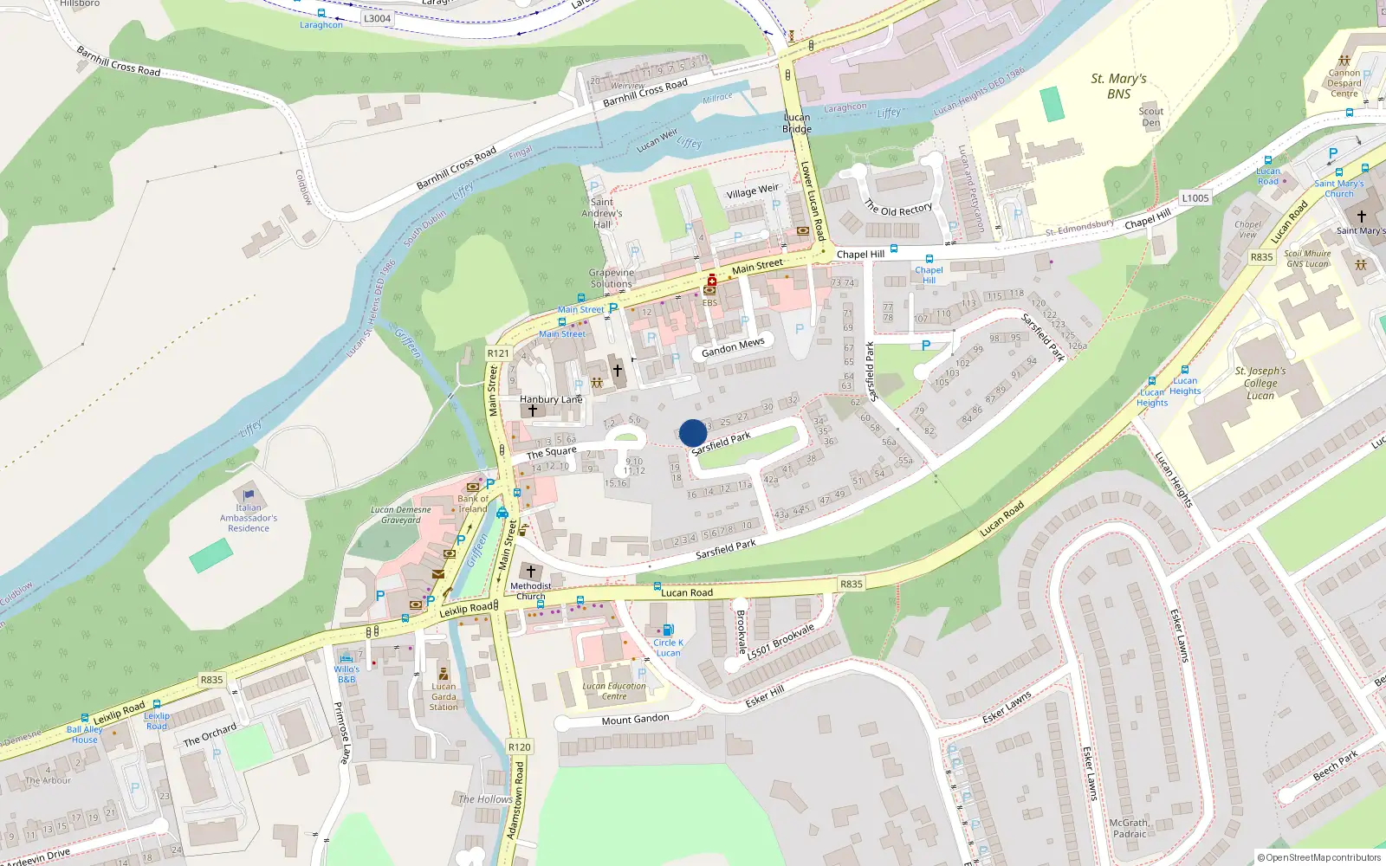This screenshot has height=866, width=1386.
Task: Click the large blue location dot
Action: [693, 433]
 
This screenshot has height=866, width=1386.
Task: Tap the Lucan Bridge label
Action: [797, 123]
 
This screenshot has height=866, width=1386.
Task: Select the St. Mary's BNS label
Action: [1118, 86]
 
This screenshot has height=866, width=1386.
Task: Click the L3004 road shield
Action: [377, 18]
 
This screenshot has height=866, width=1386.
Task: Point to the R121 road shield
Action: [498, 353]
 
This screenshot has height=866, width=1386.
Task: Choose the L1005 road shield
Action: [1195, 198]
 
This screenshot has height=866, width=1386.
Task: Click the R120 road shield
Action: [519, 746]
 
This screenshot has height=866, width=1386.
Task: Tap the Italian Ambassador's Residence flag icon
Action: [249, 495]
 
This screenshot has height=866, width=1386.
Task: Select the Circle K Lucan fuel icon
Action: [668, 630]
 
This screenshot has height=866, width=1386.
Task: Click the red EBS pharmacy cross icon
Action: [712, 280]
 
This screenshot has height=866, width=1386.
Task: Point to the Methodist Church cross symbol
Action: [531, 572]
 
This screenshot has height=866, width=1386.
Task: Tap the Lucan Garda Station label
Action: [444, 696]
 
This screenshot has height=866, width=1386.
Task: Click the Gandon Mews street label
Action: [733, 347]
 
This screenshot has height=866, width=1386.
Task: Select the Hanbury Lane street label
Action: [551, 399]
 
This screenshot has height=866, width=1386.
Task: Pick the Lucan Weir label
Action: [657, 140]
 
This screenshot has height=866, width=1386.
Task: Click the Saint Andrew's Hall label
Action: [602, 213]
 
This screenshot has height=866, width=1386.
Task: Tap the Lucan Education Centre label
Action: [614, 691]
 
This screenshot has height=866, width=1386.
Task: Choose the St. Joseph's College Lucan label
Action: [1260, 383]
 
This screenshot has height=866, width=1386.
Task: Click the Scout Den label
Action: [1151, 117]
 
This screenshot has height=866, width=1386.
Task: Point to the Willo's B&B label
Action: [346, 674]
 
